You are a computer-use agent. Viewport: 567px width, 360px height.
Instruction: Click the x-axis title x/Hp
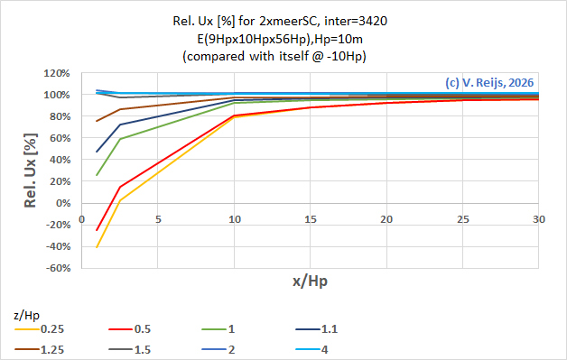[x=310, y=282]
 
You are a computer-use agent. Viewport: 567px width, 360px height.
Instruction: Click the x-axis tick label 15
[x=311, y=219]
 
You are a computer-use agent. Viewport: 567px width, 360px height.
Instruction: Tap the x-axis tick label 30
[x=540, y=219]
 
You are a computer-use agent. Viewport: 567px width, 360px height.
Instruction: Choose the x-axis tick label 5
[x=158, y=219]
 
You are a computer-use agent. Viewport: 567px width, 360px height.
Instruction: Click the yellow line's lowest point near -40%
[x=97, y=247]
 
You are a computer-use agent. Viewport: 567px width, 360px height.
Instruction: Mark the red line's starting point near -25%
[x=97, y=230]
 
